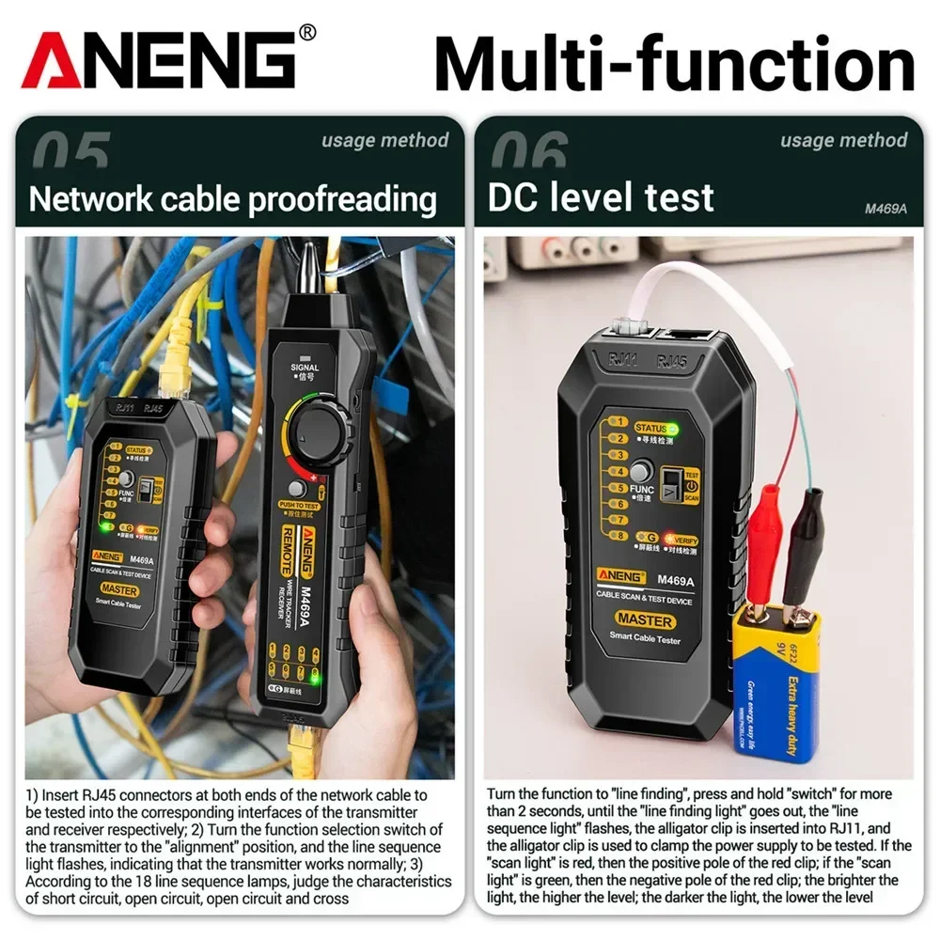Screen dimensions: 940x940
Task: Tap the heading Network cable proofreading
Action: [x=233, y=199]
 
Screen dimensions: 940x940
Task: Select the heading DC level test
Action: [x=601, y=198]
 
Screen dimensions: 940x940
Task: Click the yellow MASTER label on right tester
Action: [x=645, y=620]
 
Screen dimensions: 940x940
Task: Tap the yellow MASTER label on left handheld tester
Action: [x=119, y=590]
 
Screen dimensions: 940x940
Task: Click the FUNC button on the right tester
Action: [x=642, y=472]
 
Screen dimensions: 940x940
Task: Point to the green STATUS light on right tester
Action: [x=673, y=429]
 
